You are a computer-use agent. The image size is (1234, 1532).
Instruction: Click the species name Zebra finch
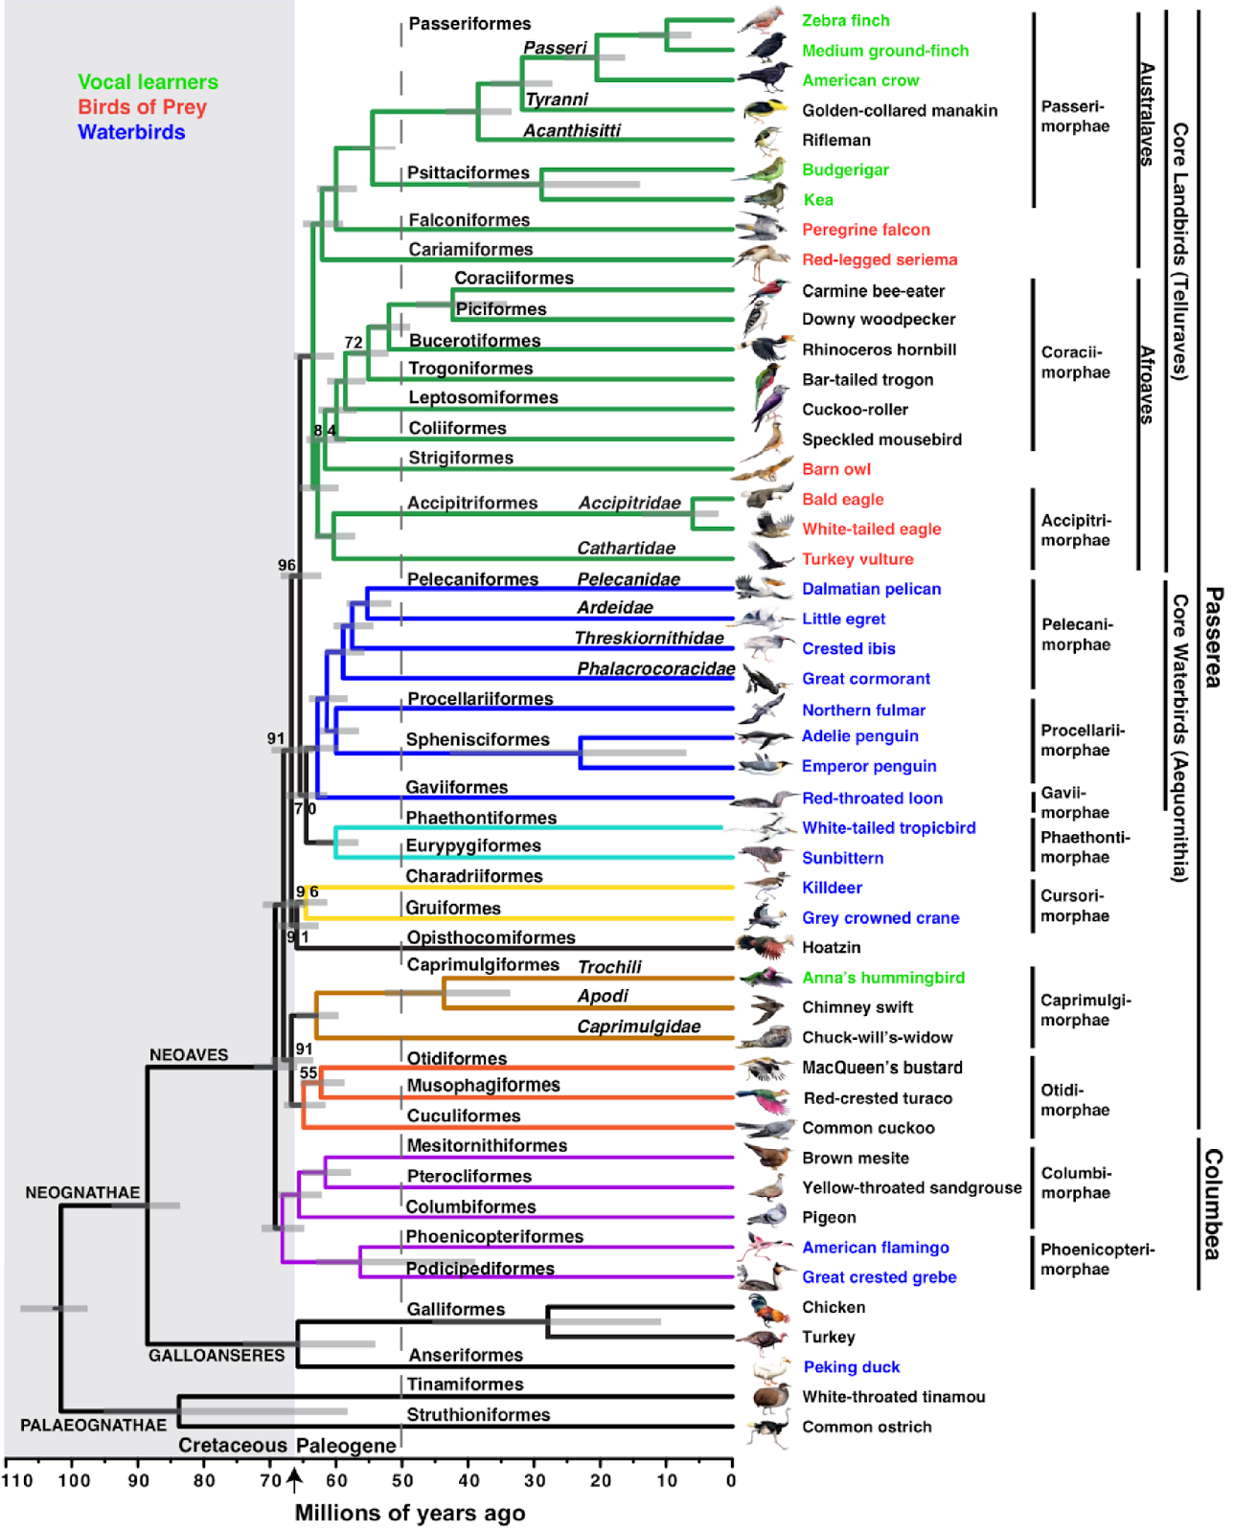coord(845,20)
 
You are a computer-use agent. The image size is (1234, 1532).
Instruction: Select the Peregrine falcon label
coord(865,230)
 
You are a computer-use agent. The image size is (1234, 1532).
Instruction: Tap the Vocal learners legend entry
coord(148,82)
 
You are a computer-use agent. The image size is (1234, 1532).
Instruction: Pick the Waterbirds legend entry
coord(131,132)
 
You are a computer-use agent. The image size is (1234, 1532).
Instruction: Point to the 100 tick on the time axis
coord(74,1480)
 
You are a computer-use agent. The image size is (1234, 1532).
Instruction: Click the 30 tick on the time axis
coord(535,1480)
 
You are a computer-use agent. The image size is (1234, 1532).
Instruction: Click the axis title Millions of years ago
coord(409,1513)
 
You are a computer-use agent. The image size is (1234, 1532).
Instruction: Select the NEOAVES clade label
coord(189,1054)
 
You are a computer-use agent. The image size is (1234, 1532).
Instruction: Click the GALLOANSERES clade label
coord(217,1356)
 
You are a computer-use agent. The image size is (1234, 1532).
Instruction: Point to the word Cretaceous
coord(233,1445)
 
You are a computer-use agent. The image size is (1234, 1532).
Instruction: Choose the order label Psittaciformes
coord(468,172)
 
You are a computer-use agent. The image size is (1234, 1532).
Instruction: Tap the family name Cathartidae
coord(626,548)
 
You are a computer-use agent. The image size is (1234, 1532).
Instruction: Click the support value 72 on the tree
coord(354,342)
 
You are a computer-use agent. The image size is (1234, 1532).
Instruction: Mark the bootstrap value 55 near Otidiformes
coord(308,1072)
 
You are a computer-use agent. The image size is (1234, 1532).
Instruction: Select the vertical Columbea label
coord(1212,1204)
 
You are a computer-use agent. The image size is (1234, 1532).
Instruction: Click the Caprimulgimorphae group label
coord(1085,1010)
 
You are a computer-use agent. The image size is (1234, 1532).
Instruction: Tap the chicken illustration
coord(766,1308)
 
